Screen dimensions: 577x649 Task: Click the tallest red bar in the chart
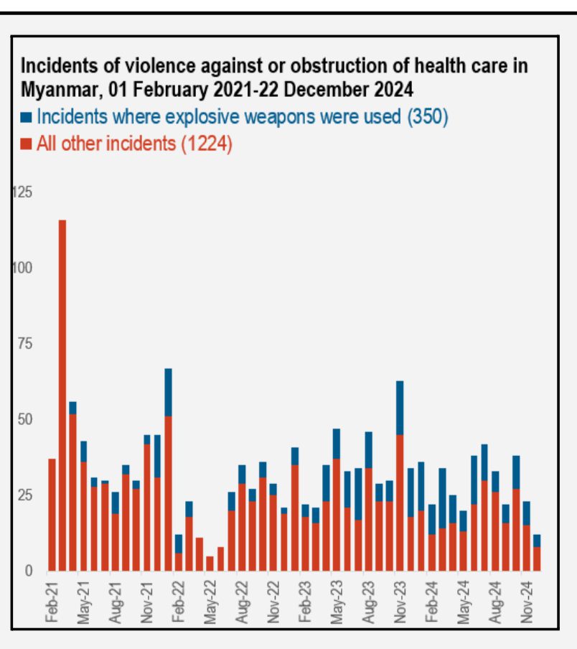62,396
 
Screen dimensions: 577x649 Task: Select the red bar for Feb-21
52,515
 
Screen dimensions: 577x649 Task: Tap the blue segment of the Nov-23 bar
400,408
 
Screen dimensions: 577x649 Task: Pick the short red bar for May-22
210,564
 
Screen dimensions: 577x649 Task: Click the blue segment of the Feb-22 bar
178,544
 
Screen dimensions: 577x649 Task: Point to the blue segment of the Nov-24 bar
526,513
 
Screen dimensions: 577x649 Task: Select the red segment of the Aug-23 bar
368,520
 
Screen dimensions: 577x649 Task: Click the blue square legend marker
26,117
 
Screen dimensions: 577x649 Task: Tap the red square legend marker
26,144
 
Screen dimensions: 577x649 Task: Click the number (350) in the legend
428,117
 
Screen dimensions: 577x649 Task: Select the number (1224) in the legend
207,144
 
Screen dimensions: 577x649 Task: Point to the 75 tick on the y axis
25,344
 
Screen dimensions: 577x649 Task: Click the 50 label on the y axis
25,419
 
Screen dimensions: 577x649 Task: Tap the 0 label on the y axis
29,571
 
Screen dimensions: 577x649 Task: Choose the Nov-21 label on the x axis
146,602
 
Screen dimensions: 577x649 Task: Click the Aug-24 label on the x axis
494,602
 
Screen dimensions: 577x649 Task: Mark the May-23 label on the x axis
337,602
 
